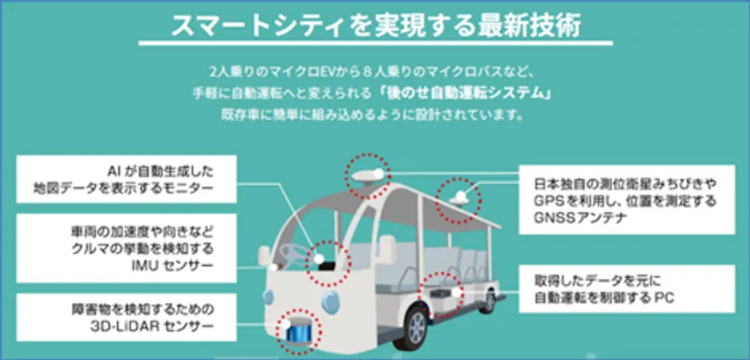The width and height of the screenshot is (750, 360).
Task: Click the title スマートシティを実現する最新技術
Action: (x=376, y=26)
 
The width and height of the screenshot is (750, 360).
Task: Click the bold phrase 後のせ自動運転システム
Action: (x=462, y=93)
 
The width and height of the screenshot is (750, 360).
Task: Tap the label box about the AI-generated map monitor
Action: (x=126, y=179)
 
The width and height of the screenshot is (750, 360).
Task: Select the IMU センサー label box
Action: (x=126, y=248)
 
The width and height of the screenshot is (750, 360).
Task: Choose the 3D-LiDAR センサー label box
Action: (x=126, y=317)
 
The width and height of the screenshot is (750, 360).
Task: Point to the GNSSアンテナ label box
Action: (x=627, y=199)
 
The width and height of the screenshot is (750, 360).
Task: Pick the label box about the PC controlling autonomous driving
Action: (x=627, y=289)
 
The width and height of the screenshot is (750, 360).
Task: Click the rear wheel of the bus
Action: (x=488, y=301)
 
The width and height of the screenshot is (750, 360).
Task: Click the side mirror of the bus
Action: (x=264, y=256)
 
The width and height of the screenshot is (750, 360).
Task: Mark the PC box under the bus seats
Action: (x=440, y=294)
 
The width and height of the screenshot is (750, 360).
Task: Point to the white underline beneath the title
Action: (x=376, y=44)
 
